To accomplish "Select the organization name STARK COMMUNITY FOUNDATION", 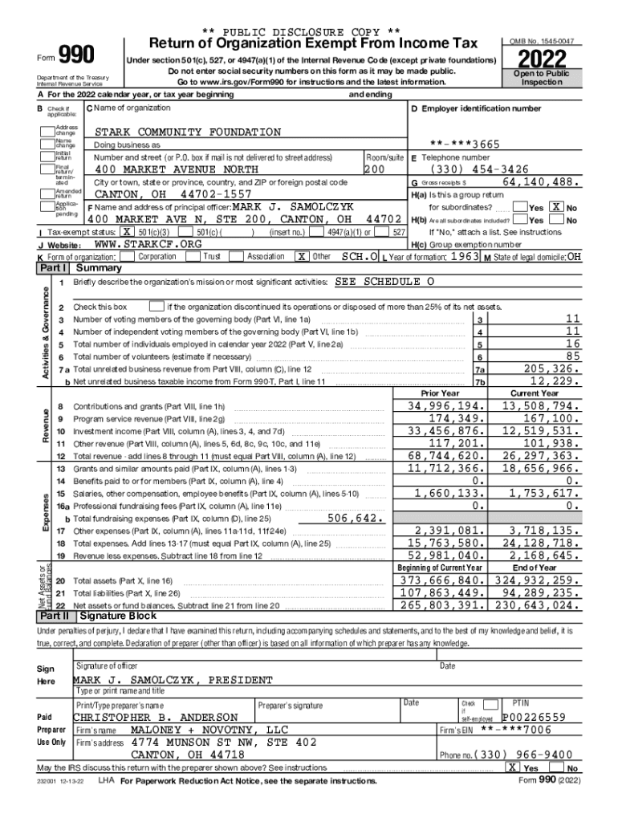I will (189, 132).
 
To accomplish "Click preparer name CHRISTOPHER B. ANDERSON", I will (156, 717).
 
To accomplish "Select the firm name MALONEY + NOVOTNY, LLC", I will (209, 730).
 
